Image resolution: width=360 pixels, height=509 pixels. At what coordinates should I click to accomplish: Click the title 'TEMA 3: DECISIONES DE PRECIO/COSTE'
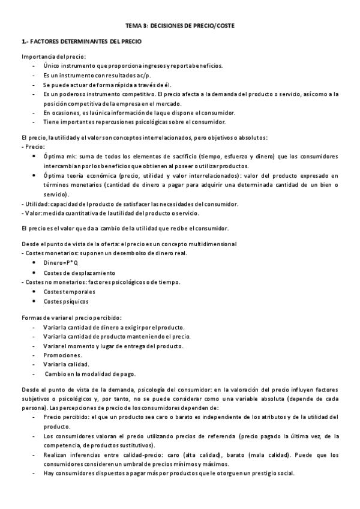179,27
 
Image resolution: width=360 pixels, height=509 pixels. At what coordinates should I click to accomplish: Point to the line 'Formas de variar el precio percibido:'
71,318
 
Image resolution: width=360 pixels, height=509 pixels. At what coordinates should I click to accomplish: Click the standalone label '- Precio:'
33,146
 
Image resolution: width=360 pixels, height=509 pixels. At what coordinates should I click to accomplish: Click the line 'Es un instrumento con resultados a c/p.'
98,76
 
